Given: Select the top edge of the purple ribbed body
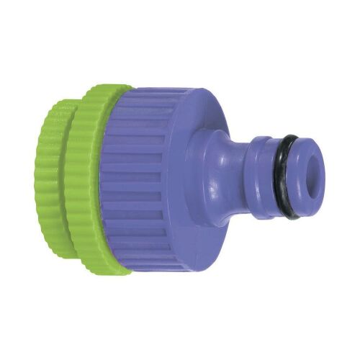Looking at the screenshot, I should pyautogui.click(x=173, y=90).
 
